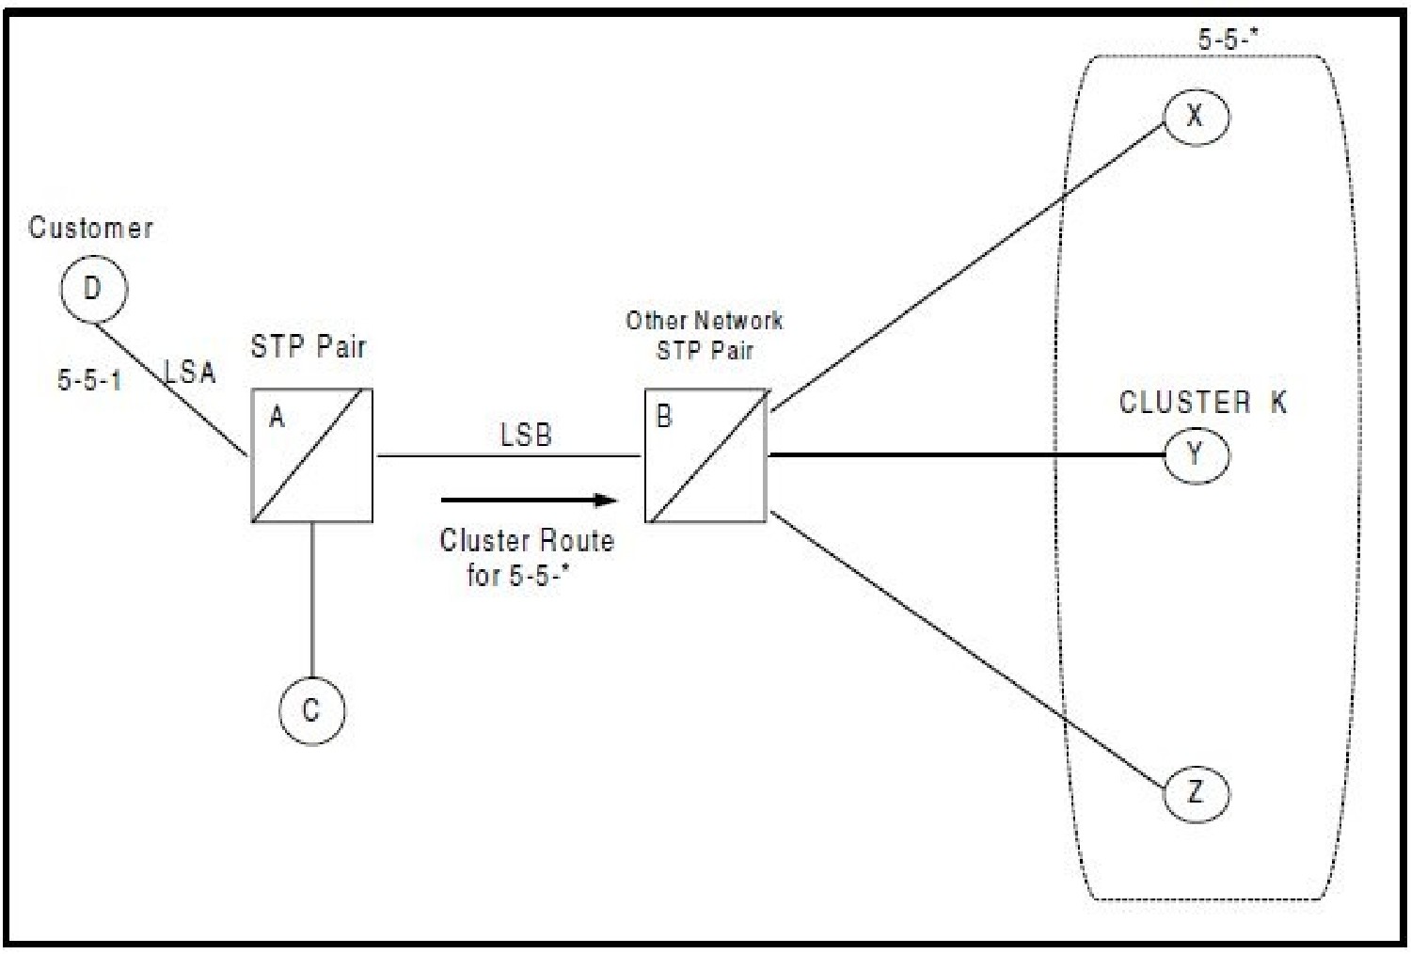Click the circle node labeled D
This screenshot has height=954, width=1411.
click(x=92, y=288)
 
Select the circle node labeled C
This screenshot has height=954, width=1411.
click(x=311, y=710)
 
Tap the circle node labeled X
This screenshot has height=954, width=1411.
click(x=1196, y=116)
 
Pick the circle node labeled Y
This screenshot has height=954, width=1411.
click(x=1196, y=454)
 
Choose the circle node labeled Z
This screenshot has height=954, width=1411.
click(x=1196, y=792)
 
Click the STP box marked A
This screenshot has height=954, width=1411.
click(x=311, y=455)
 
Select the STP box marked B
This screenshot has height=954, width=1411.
click(x=705, y=455)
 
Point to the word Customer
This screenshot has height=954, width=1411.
click(x=90, y=228)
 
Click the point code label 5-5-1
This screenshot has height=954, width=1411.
click(x=89, y=380)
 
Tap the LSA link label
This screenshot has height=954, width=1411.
click(x=190, y=372)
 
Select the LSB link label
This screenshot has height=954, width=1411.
click(x=526, y=435)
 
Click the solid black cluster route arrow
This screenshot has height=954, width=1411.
click(x=527, y=500)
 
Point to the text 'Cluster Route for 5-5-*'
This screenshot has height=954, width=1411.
click(x=527, y=557)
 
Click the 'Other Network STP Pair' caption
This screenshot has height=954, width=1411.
click(x=705, y=335)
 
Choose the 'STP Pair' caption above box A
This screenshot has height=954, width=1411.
click(x=308, y=346)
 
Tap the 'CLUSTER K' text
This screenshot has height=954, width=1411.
click(x=1201, y=403)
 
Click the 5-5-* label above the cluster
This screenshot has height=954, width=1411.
click(x=1228, y=39)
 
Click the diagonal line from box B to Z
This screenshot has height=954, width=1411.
click(x=969, y=649)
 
